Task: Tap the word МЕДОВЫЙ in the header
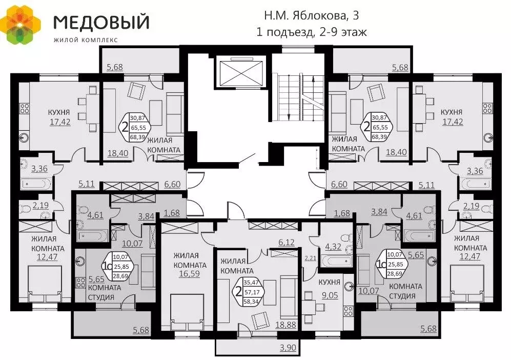click(101, 22)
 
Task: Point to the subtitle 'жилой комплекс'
click(85, 39)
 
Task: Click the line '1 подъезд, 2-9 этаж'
click(312, 32)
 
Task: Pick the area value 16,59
click(190, 274)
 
